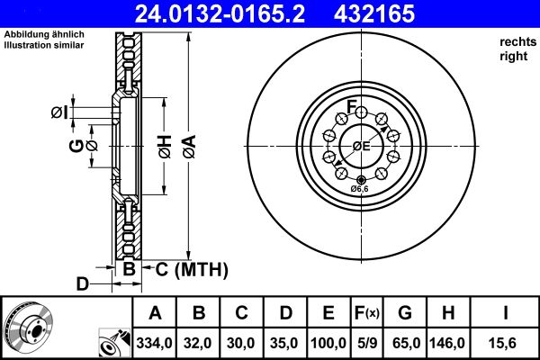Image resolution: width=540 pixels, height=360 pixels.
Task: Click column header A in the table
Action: coord(155,313)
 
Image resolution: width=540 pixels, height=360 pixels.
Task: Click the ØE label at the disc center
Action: coord(361,146)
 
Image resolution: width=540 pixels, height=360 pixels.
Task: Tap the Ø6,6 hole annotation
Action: coord(359,188)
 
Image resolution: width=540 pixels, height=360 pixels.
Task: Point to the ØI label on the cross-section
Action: coord(58,112)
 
